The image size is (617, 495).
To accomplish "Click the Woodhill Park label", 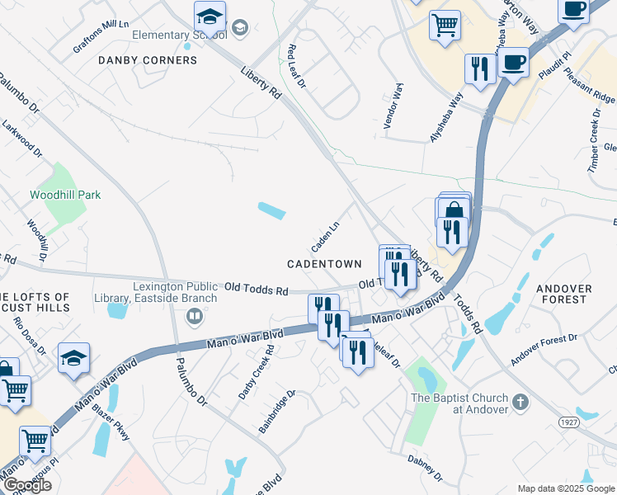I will pos(65,195).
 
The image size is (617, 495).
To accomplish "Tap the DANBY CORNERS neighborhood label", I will pos(148,60).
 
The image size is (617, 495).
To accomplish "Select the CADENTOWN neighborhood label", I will pos(324,264).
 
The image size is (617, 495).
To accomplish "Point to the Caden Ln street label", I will pos(325,238).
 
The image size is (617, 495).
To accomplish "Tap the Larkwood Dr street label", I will pos(21,139).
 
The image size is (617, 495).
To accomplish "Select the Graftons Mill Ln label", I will pos(101,36).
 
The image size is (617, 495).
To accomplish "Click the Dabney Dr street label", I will pos(425,467).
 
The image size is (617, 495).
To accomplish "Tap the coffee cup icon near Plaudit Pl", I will pos(513,63).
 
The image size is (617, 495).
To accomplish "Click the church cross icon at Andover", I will pos(520,403).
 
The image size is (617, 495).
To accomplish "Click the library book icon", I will pos(195,316).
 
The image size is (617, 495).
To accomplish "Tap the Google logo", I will pos(27,485).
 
